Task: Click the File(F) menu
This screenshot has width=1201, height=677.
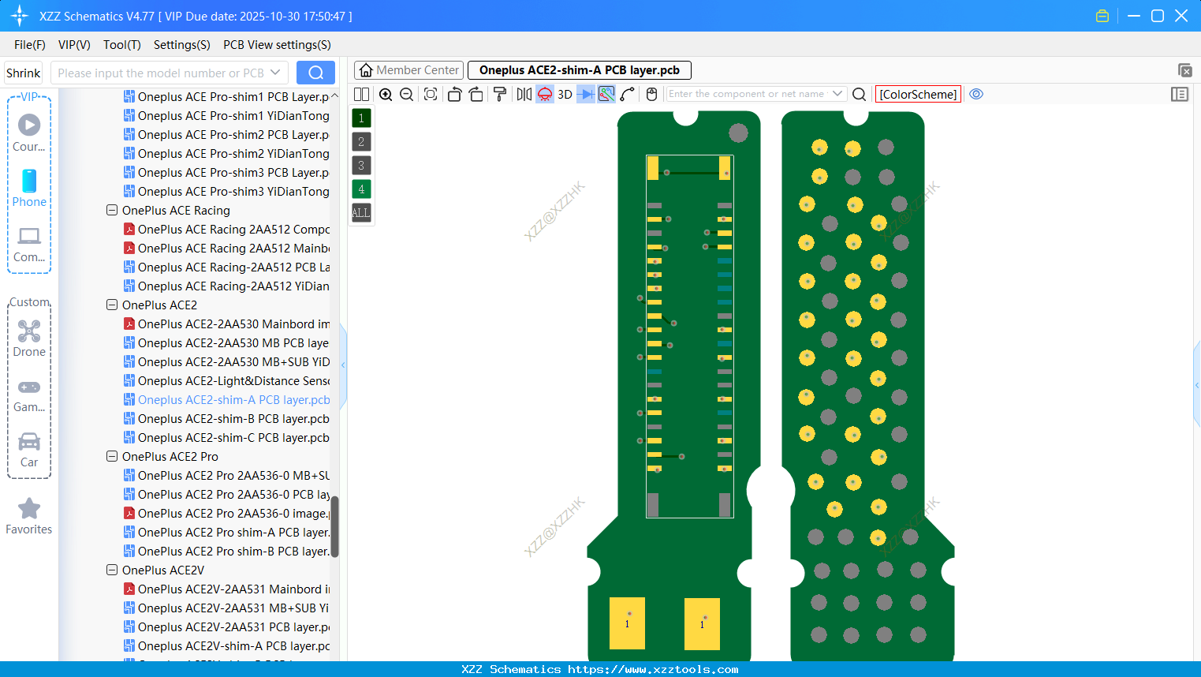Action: click(29, 45)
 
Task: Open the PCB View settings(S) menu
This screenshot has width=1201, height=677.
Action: click(277, 45)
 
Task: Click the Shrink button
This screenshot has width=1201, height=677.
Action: click(23, 73)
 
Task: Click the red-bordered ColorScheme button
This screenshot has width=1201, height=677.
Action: click(918, 95)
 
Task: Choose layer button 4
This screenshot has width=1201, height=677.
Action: click(361, 189)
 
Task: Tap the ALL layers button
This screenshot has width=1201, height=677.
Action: click(361, 213)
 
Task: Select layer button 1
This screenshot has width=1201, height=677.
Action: click(361, 118)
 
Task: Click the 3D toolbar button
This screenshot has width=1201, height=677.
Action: click(565, 95)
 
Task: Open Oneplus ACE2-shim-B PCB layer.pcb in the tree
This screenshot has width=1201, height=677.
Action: click(233, 419)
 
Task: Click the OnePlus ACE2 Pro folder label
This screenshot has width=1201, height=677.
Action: click(170, 457)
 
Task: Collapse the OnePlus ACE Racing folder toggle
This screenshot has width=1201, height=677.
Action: click(112, 211)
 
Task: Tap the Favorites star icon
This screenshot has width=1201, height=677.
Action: click(29, 509)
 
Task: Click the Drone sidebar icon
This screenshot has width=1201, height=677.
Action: click(29, 331)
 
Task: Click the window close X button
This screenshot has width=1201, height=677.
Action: click(1181, 16)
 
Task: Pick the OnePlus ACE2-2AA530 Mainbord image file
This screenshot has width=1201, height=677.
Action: click(233, 324)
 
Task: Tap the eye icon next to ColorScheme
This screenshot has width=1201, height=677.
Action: click(976, 94)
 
